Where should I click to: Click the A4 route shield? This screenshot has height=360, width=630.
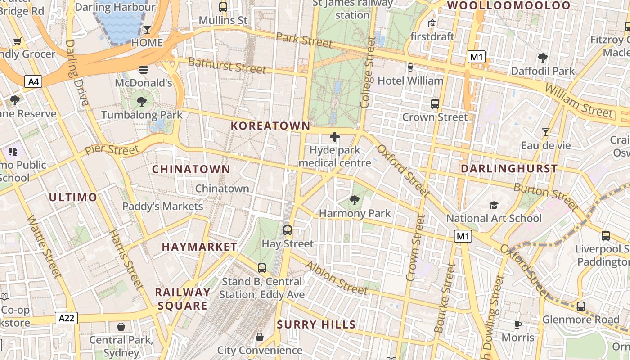pyautogui.click(x=34, y=81)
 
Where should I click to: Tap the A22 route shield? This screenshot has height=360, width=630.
pyautogui.click(x=67, y=318)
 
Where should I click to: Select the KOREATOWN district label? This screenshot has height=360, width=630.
pyautogui.click(x=270, y=126)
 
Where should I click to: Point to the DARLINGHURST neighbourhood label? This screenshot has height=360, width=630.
pyautogui.click(x=509, y=169)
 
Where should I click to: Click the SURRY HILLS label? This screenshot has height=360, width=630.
pyautogui.click(x=316, y=324)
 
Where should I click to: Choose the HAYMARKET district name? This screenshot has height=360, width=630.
pyautogui.click(x=199, y=247)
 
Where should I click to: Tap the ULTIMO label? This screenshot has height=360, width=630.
pyautogui.click(x=73, y=197)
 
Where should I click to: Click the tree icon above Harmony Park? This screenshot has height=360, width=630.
pyautogui.click(x=355, y=200)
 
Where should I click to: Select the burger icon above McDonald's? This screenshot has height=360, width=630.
pyautogui.click(x=144, y=70)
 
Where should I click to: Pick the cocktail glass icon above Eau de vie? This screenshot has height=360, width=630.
pyautogui.click(x=546, y=132)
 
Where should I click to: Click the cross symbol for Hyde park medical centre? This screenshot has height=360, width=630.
pyautogui.click(x=335, y=137)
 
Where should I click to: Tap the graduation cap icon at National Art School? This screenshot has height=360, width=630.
pyautogui.click(x=494, y=205)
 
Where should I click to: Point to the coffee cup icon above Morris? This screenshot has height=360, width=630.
pyautogui.click(x=518, y=324)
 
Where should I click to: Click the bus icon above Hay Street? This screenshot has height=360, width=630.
pyautogui.click(x=288, y=230)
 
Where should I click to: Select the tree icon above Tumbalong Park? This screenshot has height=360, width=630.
pyautogui.click(x=142, y=102)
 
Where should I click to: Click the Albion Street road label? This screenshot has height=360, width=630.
pyautogui.click(x=336, y=278)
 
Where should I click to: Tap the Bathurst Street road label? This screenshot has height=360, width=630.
pyautogui.click(x=227, y=66)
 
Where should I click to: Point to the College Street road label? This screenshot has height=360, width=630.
pyautogui.click(x=367, y=72)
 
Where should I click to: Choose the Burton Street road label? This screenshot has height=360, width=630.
pyautogui.click(x=545, y=197)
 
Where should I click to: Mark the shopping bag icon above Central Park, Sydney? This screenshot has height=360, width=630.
pyautogui.click(x=121, y=326)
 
